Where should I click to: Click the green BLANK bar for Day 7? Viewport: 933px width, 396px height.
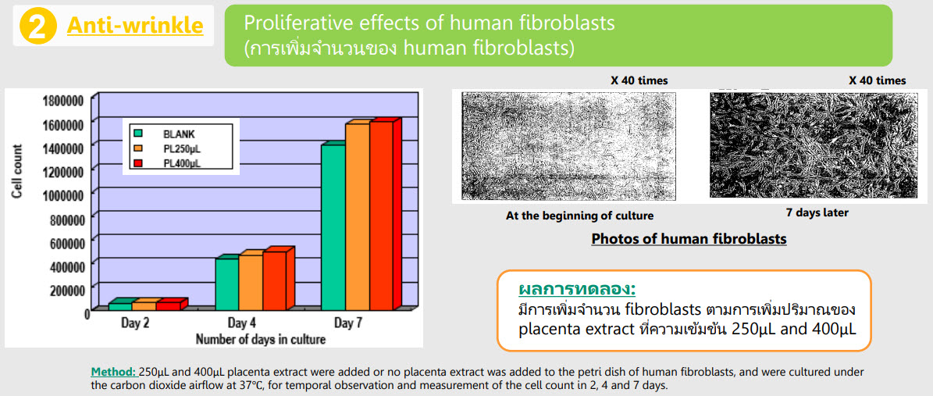click(x=333, y=227)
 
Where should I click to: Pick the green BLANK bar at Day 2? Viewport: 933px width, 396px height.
click(x=120, y=307)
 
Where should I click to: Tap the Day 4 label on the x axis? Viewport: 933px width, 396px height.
click(x=241, y=324)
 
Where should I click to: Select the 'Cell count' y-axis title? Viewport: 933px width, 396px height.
click(x=18, y=172)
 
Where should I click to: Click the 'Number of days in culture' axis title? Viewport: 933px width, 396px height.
click(x=261, y=340)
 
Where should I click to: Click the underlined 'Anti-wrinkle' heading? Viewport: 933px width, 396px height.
click(x=135, y=26)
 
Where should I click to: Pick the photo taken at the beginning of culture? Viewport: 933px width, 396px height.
click(x=569, y=146)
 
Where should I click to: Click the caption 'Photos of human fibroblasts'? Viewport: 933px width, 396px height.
click(x=689, y=239)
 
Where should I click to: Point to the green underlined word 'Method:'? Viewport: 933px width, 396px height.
click(x=114, y=372)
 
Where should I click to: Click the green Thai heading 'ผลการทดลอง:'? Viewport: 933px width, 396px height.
click(x=577, y=290)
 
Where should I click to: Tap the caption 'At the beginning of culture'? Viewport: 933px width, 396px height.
click(x=579, y=216)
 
